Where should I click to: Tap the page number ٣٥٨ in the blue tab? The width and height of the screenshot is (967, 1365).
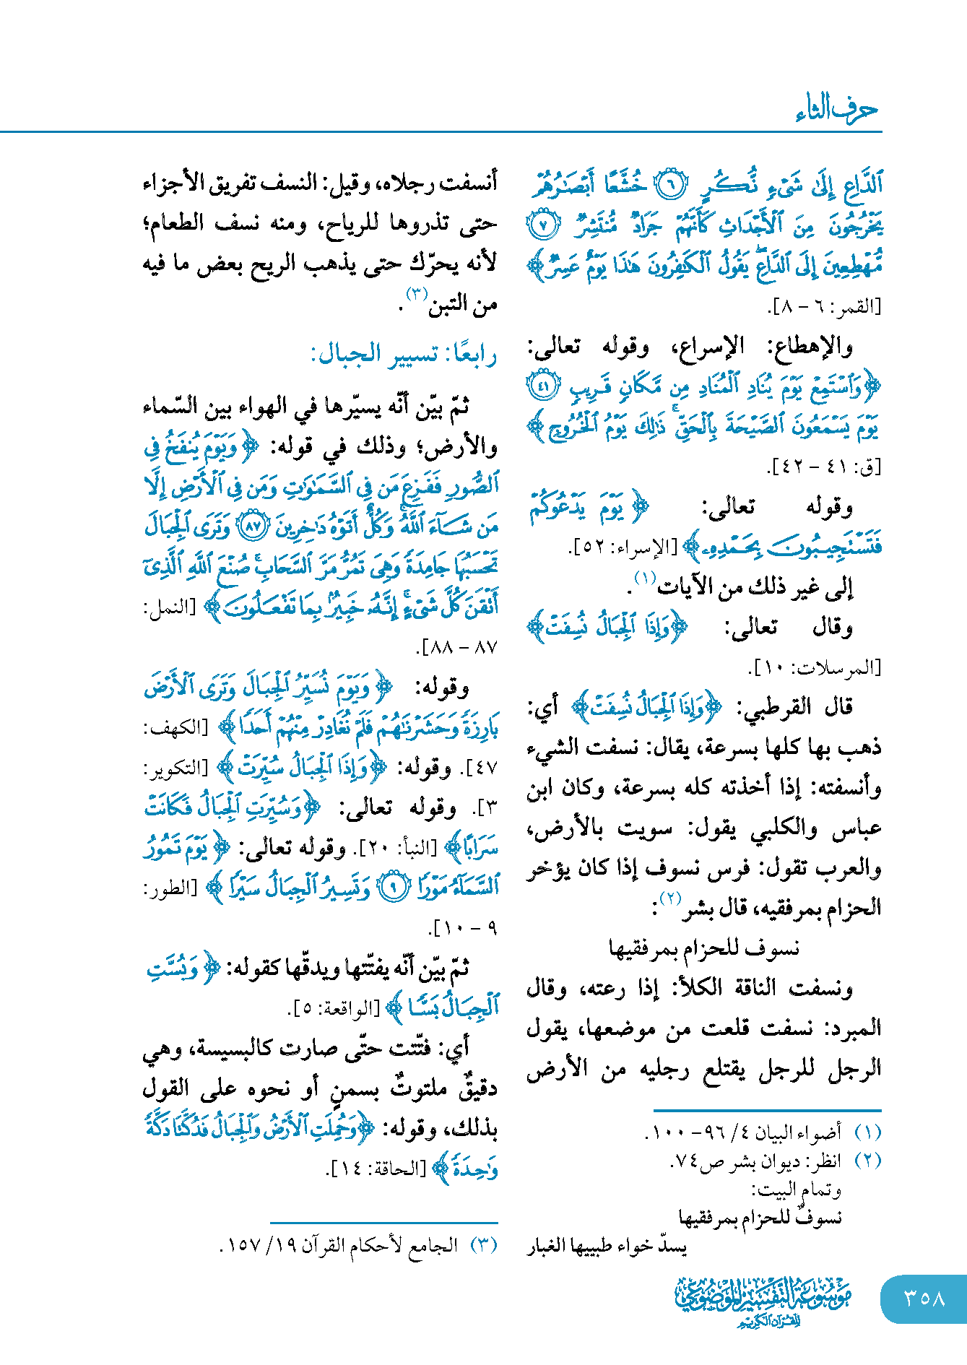924,1298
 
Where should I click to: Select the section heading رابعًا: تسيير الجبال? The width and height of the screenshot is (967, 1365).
404,355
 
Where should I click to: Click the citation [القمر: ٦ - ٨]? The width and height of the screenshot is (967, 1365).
824,308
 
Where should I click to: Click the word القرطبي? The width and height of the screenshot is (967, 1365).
773,707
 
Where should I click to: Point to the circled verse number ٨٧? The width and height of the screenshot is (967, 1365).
253,527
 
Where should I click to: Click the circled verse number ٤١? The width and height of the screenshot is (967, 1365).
542,385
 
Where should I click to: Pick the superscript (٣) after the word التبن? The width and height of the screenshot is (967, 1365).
418,293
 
